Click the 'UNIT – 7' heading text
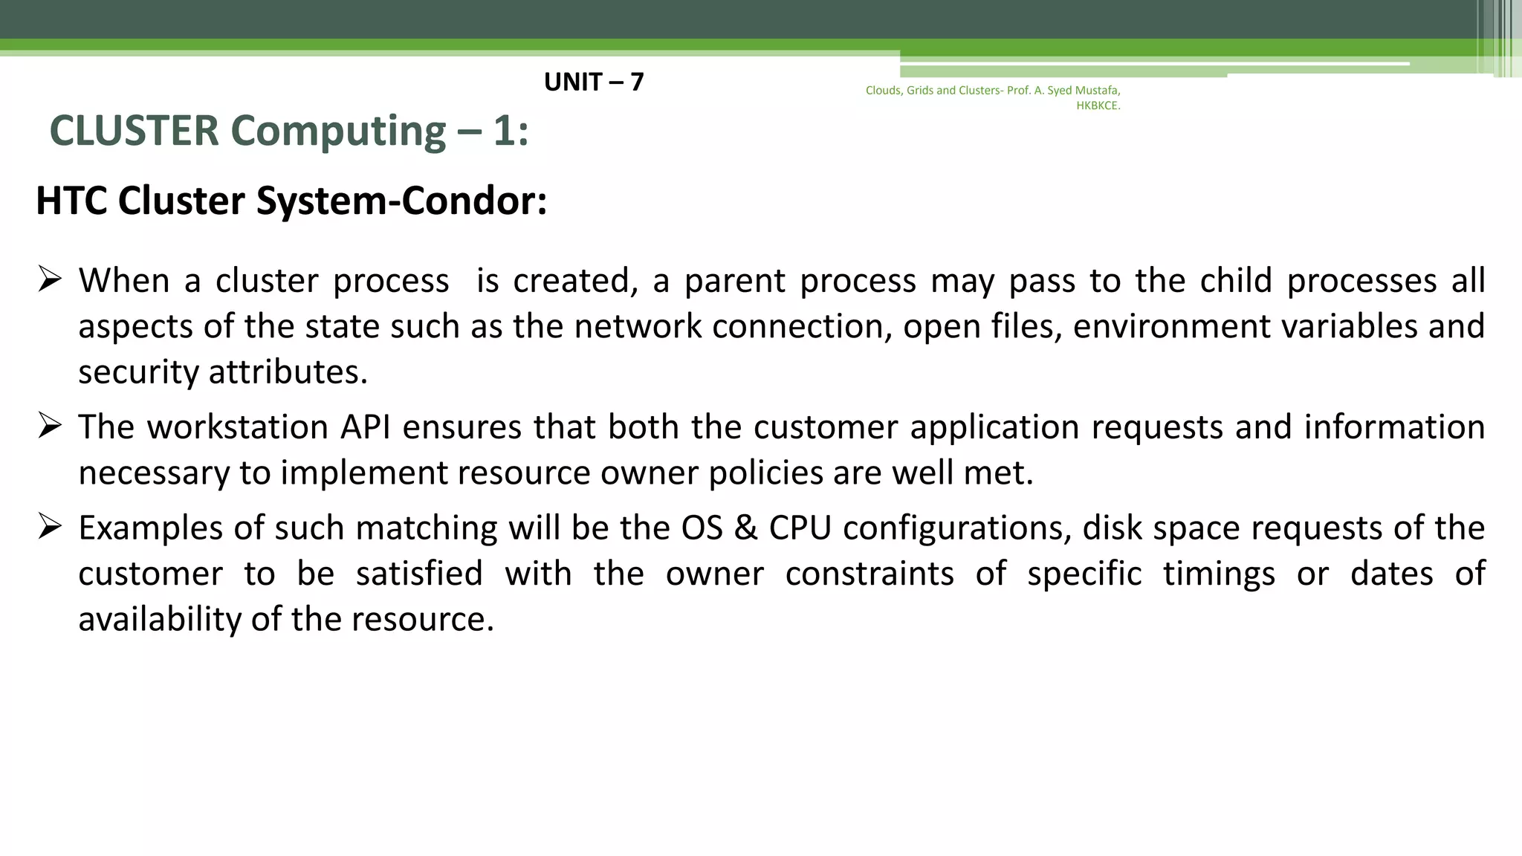593,82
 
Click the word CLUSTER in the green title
134,131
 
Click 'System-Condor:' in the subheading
401,201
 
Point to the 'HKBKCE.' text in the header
1098,106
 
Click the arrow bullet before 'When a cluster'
50,280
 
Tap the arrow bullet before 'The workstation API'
50,426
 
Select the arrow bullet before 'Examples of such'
50,527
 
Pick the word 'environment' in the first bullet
1171,327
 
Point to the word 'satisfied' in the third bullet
418,574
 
